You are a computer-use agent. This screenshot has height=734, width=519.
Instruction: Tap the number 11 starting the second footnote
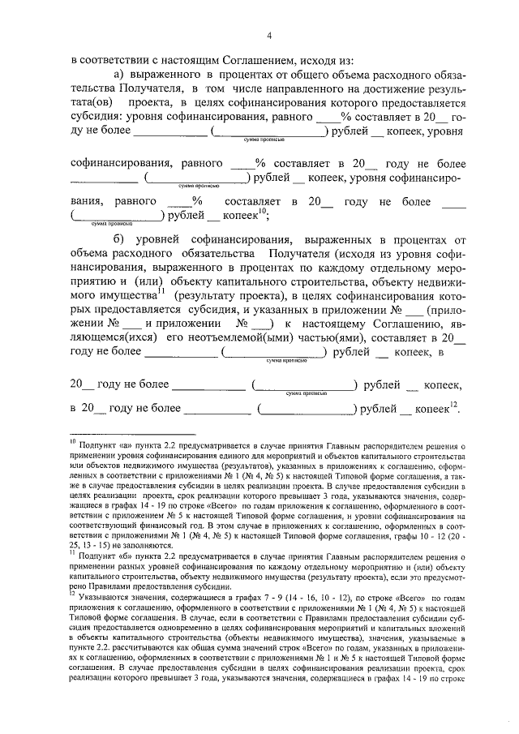click(x=72, y=555)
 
